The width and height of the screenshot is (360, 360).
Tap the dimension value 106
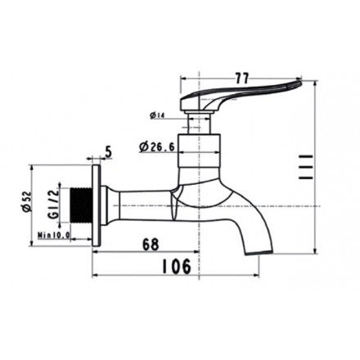click(176, 265)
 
